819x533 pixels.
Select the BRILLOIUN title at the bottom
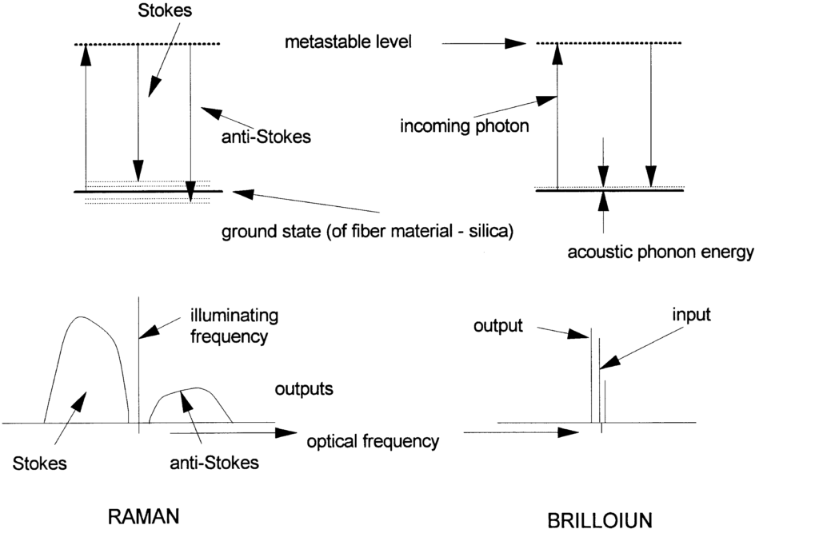coord(600,520)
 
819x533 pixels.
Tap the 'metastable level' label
coord(348,42)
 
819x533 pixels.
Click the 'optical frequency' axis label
coord(373,440)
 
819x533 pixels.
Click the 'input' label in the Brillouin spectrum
coord(691,315)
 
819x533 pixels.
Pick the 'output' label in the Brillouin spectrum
coord(497,326)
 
